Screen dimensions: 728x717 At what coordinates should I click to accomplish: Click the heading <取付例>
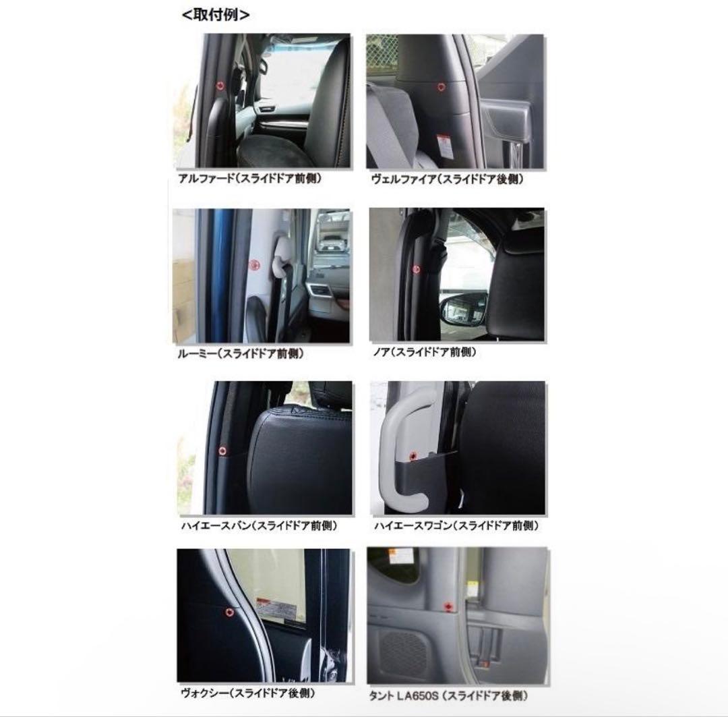pyautogui.click(x=216, y=15)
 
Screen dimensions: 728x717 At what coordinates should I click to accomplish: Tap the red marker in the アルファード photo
pyautogui.click(x=220, y=86)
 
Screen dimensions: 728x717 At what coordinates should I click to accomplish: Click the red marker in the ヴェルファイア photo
pyautogui.click(x=441, y=87)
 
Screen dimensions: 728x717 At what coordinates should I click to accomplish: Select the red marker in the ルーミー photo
pyautogui.click(x=254, y=265)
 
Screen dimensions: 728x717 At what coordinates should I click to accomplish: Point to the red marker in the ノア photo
pyautogui.click(x=416, y=269)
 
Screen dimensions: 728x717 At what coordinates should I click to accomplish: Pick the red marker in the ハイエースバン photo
pyautogui.click(x=222, y=451)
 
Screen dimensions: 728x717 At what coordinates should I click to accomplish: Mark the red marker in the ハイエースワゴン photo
pyautogui.click(x=413, y=456)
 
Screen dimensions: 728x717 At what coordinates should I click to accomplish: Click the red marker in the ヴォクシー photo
pyautogui.click(x=229, y=612)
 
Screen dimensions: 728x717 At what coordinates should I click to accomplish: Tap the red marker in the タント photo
pyautogui.click(x=448, y=606)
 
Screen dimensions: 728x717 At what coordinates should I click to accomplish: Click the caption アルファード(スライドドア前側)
pyautogui.click(x=250, y=179)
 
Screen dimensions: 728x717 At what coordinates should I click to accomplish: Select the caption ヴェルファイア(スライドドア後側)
pyautogui.click(x=447, y=179)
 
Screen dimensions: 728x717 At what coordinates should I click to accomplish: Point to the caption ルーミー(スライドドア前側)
pyautogui.click(x=241, y=353)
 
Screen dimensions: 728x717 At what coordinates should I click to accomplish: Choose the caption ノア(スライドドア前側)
pyautogui.click(x=425, y=352)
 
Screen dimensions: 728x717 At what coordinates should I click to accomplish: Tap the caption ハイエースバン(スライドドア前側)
pyautogui.click(x=259, y=526)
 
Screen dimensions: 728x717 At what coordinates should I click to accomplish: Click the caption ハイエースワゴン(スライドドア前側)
pyautogui.click(x=456, y=526)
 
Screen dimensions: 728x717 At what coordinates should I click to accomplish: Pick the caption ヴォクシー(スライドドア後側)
pyautogui.click(x=248, y=693)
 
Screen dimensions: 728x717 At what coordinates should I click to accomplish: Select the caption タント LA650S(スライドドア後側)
pyautogui.click(x=448, y=696)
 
